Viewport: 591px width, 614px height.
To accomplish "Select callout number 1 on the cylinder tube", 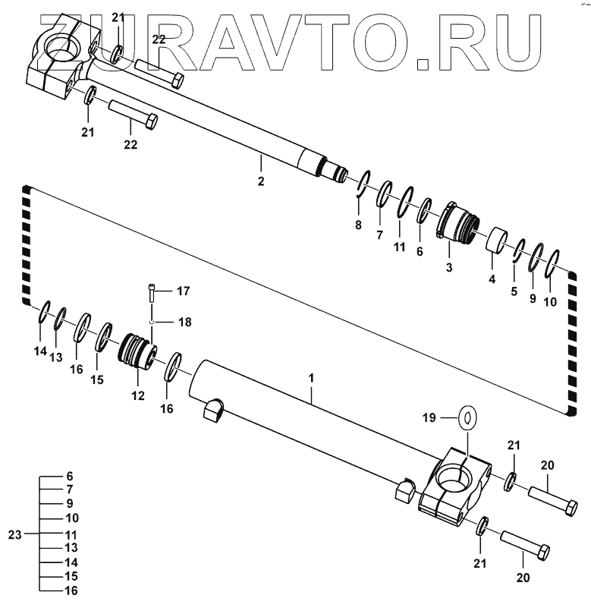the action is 311,376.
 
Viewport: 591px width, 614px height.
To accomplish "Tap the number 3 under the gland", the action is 449,268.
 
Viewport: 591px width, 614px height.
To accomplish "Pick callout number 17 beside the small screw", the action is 183,291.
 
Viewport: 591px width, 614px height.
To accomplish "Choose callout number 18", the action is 183,322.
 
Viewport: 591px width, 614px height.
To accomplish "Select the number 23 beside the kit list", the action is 14,534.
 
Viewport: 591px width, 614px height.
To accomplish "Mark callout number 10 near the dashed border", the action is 549,301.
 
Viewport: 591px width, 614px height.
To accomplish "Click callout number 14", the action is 39,351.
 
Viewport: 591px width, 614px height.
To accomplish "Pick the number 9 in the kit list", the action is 69,504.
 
